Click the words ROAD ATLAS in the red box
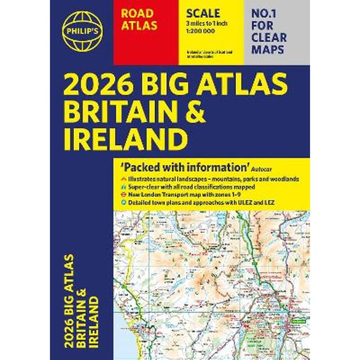[x=139, y=20]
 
